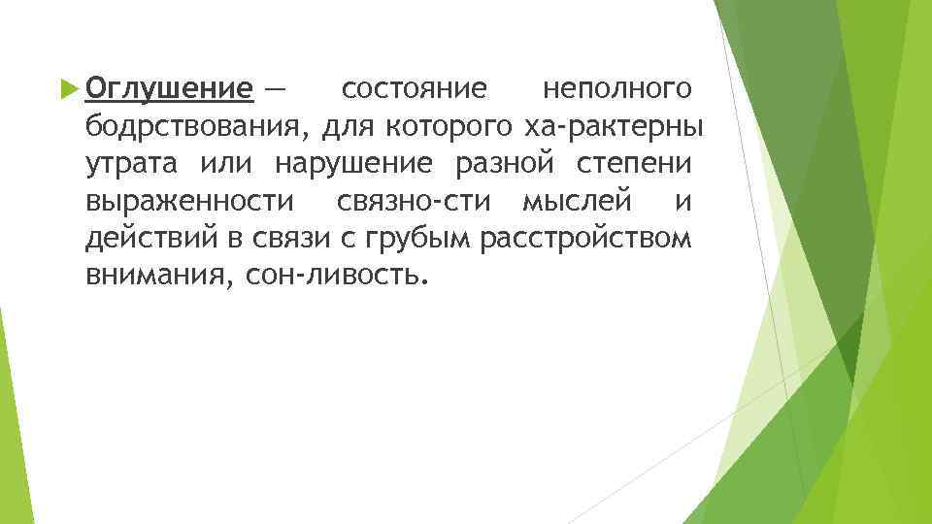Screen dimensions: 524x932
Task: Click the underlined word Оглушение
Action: [x=169, y=90]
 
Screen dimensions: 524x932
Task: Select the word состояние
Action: [x=415, y=90]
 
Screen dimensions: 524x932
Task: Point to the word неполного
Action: [x=617, y=90]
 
